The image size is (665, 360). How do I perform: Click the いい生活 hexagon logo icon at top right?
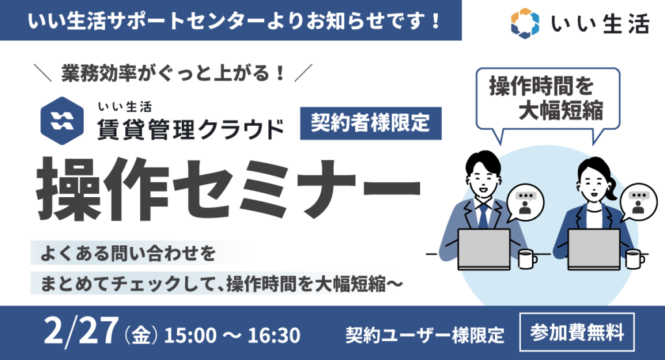point(525,23)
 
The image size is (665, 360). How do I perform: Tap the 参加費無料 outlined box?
point(577,332)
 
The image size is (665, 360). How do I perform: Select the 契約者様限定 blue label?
point(371,123)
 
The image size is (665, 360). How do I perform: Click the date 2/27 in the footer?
point(81,331)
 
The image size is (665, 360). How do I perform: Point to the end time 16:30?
point(274,335)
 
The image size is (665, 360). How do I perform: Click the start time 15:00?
point(190,335)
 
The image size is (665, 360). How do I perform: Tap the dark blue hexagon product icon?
point(62,121)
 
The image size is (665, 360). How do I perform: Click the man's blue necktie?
point(483,215)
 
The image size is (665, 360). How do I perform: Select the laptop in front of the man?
point(484,250)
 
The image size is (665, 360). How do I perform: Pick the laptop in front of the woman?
point(594,250)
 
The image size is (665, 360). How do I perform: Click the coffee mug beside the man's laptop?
point(527,259)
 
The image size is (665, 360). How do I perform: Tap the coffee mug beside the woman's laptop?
point(635,259)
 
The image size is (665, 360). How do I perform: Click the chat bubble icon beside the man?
point(525,202)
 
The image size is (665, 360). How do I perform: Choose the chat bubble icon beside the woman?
point(638,202)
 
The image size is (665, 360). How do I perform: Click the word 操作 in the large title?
point(103,189)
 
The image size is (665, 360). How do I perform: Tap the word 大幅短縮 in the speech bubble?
point(560,111)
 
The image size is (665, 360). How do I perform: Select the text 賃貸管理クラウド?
point(190,129)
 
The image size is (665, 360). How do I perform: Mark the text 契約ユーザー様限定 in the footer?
point(425,335)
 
